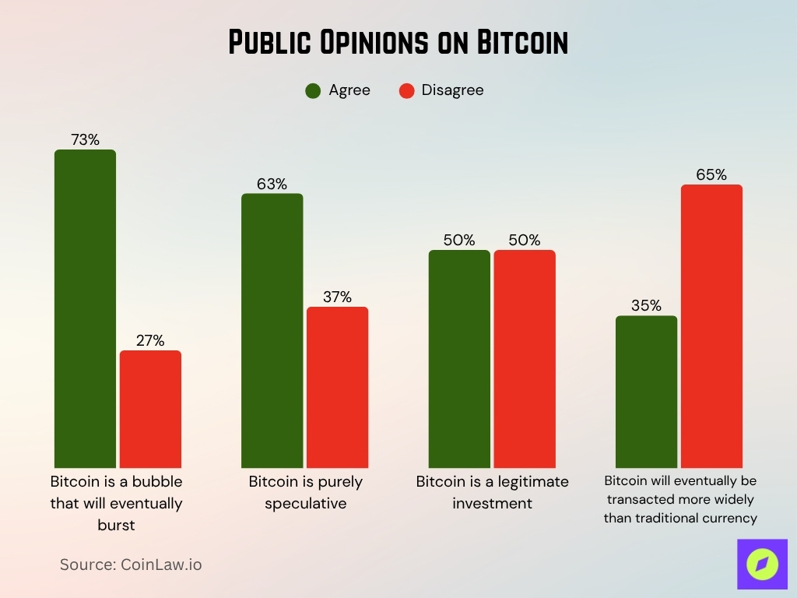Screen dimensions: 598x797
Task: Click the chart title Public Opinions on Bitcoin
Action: [398, 43]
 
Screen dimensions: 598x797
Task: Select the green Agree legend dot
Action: [313, 90]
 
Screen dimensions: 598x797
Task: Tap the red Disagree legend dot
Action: [406, 90]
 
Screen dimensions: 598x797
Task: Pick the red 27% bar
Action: [150, 409]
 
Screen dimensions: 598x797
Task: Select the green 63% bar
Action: [272, 330]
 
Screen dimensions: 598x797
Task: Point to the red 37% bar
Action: [337, 387]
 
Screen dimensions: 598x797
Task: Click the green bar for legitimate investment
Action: [459, 358]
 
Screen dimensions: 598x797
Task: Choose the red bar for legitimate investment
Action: [525, 358]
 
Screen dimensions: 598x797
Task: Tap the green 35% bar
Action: [646, 391]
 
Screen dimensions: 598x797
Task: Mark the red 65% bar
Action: [711, 325]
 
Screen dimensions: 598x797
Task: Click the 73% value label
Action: [85, 140]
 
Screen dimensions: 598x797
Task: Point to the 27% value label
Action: [150, 340]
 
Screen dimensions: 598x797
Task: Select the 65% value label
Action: [711, 175]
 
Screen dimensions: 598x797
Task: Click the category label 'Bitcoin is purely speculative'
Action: [305, 492]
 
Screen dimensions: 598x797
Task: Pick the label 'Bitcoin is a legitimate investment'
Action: [492, 492]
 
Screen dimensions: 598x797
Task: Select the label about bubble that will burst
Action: [116, 503]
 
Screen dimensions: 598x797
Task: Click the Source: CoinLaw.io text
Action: [131, 565]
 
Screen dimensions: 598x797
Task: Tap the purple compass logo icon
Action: [762, 564]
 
